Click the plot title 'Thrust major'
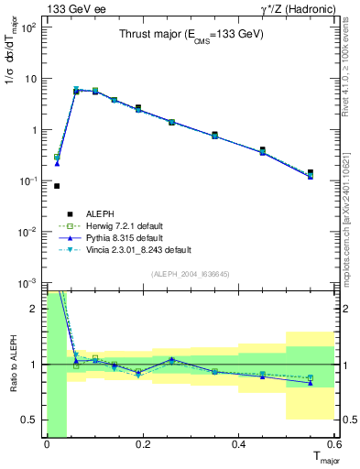[x=191, y=34]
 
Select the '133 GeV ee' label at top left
[x=74, y=8]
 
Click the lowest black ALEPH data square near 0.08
[x=57, y=186]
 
